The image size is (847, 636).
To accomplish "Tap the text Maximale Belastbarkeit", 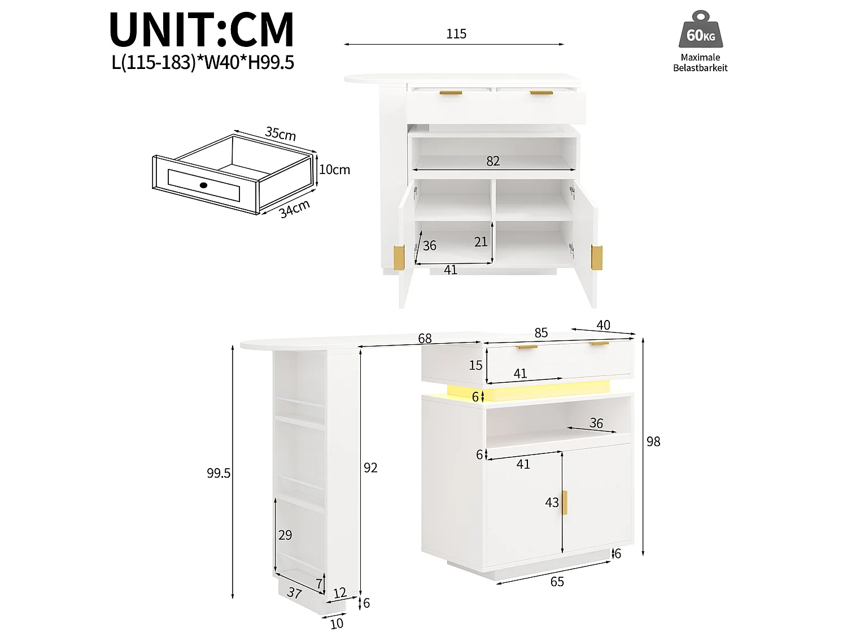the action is tap(700, 63).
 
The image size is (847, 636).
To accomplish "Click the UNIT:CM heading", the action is tap(202, 30).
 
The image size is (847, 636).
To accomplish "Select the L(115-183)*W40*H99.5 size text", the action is tap(203, 62).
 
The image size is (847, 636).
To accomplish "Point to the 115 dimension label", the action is tap(456, 34).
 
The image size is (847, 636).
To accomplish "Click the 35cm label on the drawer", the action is tap(281, 133).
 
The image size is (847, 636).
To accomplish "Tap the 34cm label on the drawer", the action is tap(294, 209).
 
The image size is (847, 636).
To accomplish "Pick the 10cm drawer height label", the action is tap(334, 170).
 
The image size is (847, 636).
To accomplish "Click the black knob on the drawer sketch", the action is tap(203, 185).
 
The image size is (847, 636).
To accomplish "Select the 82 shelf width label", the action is tap(493, 161).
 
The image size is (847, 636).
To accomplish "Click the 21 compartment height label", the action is tap(481, 242).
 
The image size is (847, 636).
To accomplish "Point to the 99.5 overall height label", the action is tap(219, 473).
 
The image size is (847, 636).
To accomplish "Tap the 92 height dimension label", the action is tap(370, 468).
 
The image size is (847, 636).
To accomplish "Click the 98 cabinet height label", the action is tap(653, 442).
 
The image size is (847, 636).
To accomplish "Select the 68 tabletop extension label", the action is tap(425, 338).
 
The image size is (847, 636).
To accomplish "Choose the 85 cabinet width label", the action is tap(541, 332).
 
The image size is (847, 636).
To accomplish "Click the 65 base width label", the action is tap(557, 582).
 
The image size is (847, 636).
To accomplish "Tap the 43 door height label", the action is tap(552, 503).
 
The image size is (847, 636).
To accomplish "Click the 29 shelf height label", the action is tap(285, 535).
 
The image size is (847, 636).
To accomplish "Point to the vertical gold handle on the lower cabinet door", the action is tap(565, 503).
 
